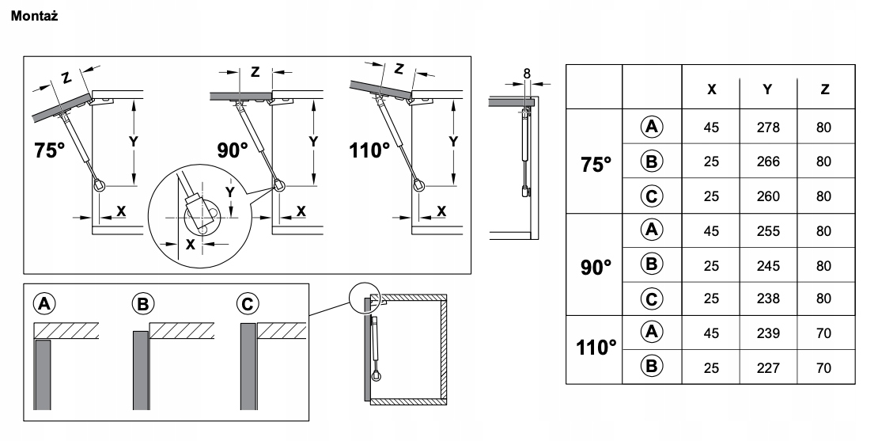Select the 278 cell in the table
pyautogui.click(x=767, y=127)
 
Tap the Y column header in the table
pyautogui.click(x=767, y=89)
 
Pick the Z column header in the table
pyautogui.click(x=824, y=89)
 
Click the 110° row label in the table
pyautogui.click(x=596, y=349)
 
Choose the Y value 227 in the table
pyautogui.click(x=767, y=367)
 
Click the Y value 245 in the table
pyautogui.click(x=767, y=265)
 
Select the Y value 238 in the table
pyautogui.click(x=767, y=299)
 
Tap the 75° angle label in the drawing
pyautogui.click(x=50, y=150)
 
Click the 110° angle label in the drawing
pyautogui.click(x=370, y=150)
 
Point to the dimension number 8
pyautogui.click(x=527, y=74)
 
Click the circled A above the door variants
pyautogui.click(x=44, y=302)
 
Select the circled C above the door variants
pyautogui.click(x=248, y=302)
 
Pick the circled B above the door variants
pyautogui.click(x=144, y=302)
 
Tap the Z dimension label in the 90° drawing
pyautogui.click(x=255, y=71)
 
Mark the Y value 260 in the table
pyautogui.click(x=767, y=196)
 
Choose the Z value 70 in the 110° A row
pyautogui.click(x=824, y=333)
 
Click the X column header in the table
pyautogui.click(x=711, y=89)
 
